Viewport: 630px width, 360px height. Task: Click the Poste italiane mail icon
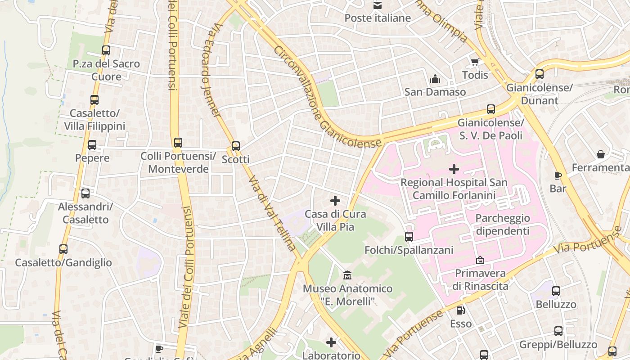(377, 5)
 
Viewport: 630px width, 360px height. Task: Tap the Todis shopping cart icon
(475, 62)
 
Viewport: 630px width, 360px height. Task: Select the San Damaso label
(435, 92)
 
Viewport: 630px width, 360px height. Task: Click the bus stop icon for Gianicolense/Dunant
(539, 74)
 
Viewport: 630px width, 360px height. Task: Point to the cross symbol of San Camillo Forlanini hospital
(454, 169)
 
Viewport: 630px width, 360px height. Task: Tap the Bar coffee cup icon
(558, 175)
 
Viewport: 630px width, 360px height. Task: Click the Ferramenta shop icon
(600, 155)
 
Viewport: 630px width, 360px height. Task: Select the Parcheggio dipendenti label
(502, 225)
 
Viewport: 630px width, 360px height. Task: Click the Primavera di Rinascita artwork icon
(480, 260)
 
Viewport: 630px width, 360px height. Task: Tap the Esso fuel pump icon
(460, 310)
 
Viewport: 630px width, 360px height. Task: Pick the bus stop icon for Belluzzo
(556, 291)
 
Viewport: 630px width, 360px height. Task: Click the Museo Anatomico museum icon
(347, 275)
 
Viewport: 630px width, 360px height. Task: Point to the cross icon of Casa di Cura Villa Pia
(335, 201)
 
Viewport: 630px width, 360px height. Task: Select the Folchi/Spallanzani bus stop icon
(409, 237)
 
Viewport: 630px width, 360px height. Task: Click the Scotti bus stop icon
(235, 146)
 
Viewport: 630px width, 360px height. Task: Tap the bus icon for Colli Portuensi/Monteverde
(178, 143)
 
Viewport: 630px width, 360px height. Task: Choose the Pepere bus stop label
(92, 158)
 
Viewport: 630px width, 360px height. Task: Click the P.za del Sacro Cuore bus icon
(106, 50)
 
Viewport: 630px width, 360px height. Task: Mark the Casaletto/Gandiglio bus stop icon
(63, 249)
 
